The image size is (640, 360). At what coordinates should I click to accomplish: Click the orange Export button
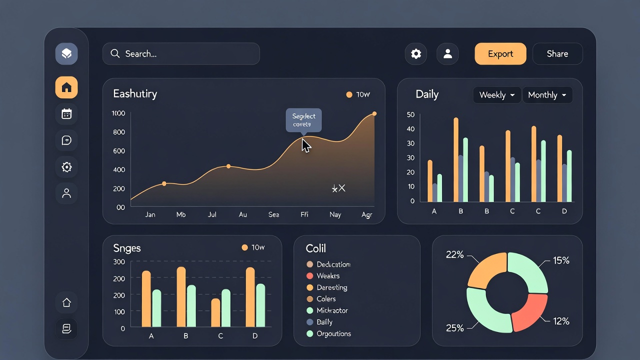(500, 54)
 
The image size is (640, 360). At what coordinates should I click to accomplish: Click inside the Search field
(181, 54)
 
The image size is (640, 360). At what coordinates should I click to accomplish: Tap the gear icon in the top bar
(416, 54)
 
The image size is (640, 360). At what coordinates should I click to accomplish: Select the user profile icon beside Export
(447, 54)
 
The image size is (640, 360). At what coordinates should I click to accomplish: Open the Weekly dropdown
(496, 95)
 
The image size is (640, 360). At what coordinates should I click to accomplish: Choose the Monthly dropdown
(547, 95)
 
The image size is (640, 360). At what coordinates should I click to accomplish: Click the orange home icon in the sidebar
(66, 88)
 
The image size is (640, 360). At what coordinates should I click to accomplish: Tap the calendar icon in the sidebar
(66, 114)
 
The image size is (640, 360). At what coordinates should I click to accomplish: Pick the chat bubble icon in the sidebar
(66, 140)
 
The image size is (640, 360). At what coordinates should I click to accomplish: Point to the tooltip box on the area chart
(303, 120)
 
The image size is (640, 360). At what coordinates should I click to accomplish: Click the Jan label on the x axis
(150, 214)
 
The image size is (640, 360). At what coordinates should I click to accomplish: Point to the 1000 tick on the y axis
(118, 113)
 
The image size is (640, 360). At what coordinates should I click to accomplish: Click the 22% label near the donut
(454, 255)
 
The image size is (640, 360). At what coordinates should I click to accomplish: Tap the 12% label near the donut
(561, 321)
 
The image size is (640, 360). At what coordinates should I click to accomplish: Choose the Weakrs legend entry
(327, 276)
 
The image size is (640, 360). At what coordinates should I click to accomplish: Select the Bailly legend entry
(324, 322)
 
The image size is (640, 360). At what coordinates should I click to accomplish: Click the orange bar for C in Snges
(215, 313)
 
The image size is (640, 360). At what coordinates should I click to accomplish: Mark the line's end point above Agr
(374, 114)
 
